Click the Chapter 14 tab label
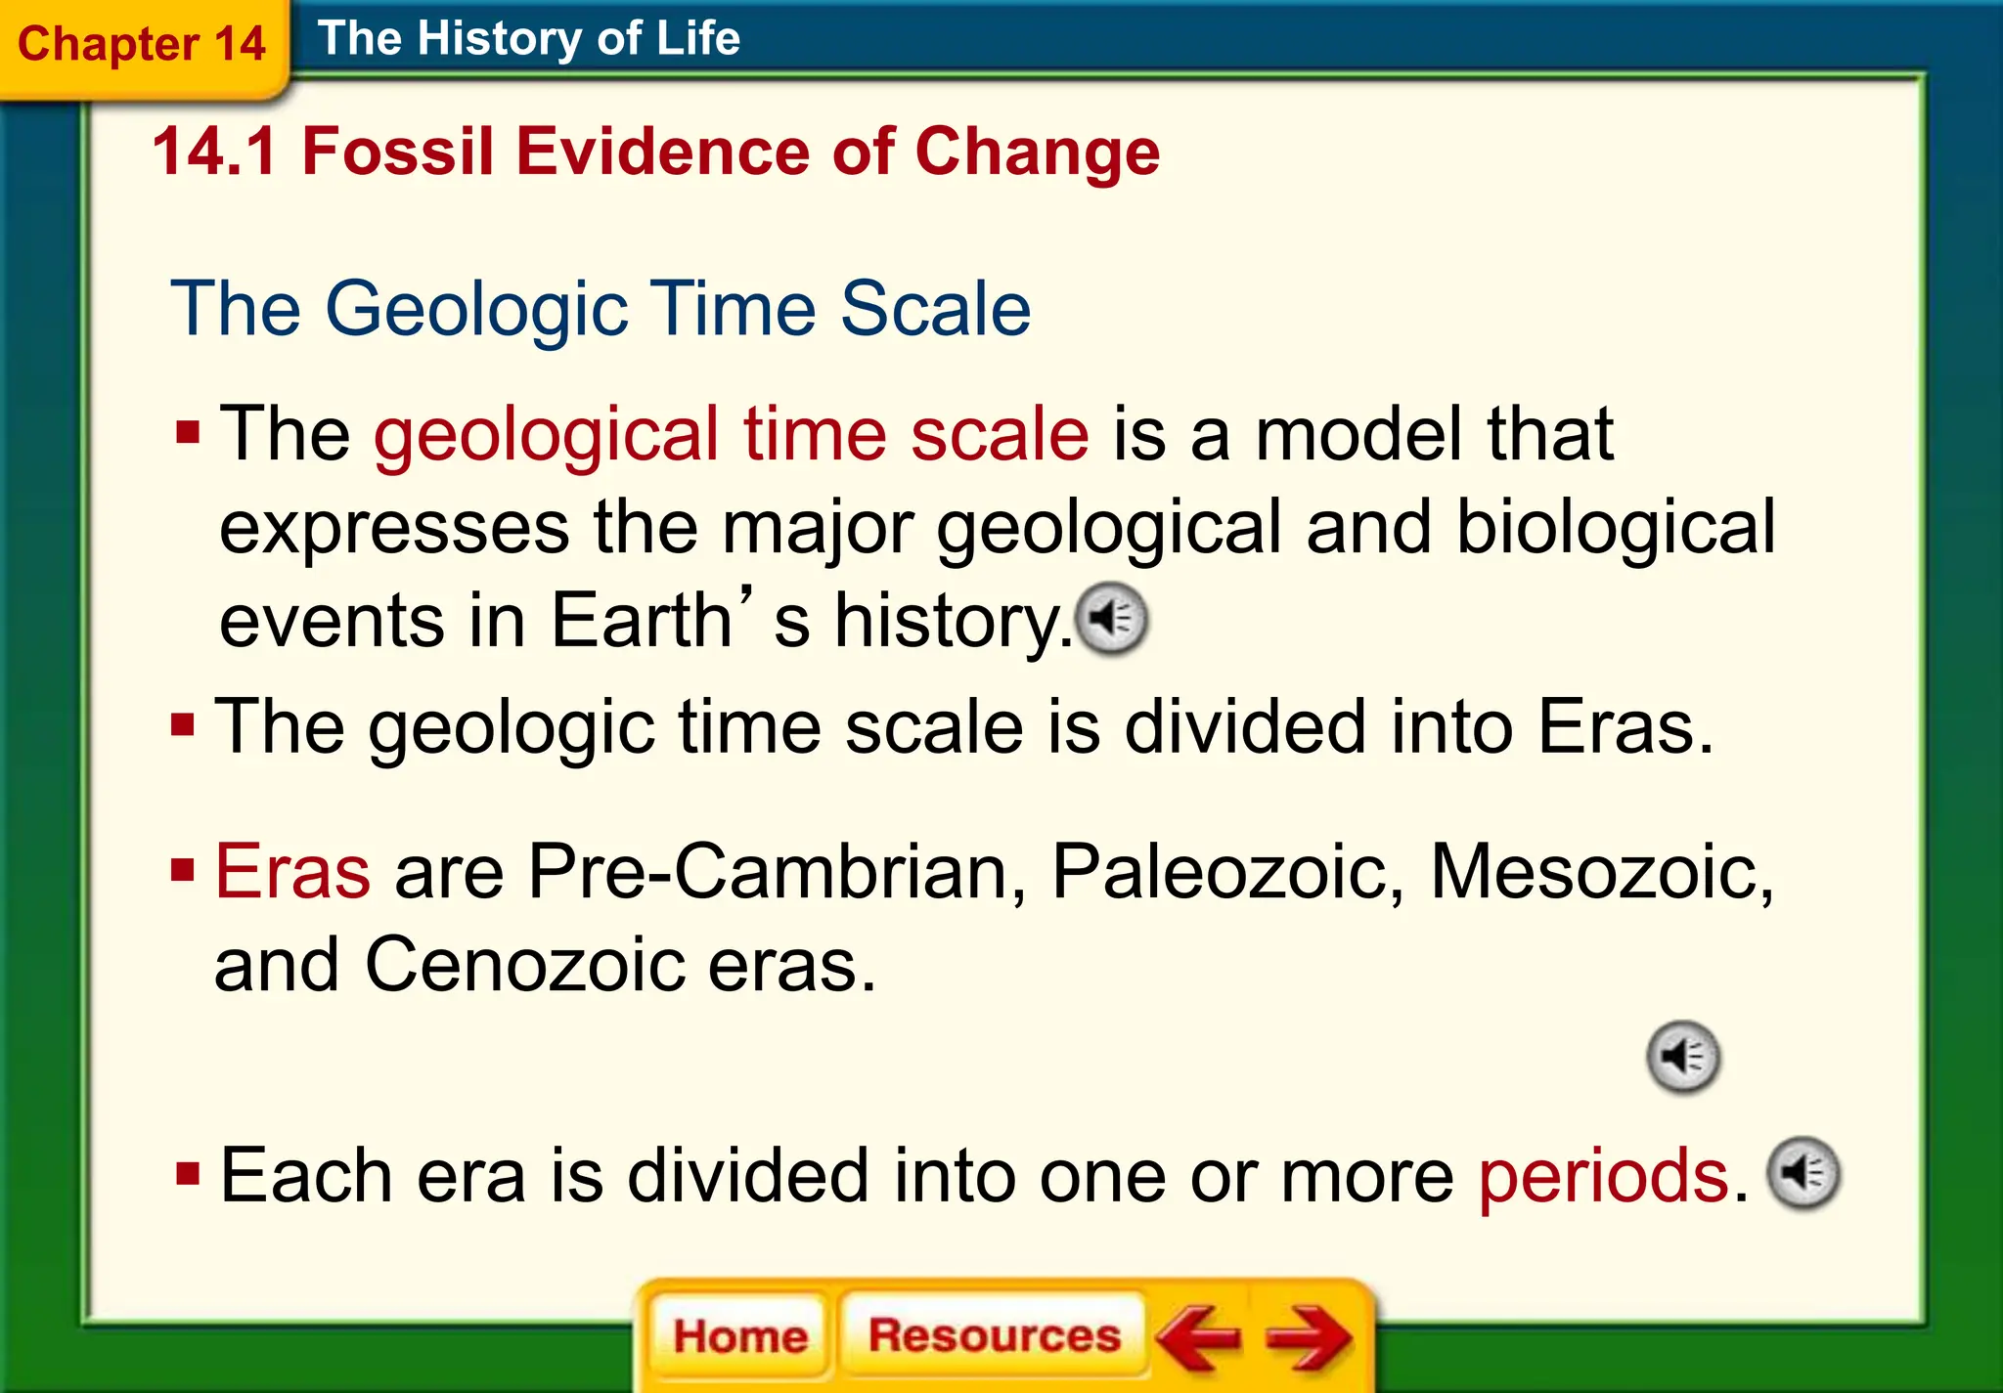click(142, 44)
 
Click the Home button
click(740, 1335)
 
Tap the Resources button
click(994, 1334)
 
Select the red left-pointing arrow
click(1199, 1336)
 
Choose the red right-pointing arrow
click(1309, 1336)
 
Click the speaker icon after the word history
click(1112, 619)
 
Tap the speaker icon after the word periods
click(1804, 1173)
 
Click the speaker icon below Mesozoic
click(1683, 1057)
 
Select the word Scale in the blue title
click(935, 308)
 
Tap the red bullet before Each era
click(188, 1173)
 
